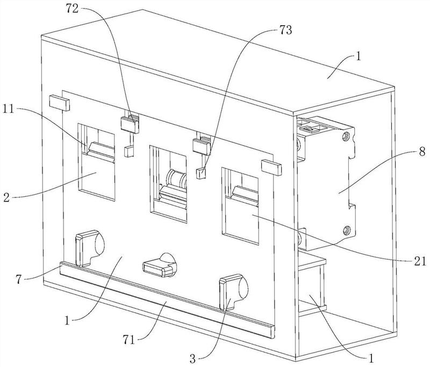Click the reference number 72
pos(72,9)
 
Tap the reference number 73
pos(285,30)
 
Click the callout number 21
pos(420,261)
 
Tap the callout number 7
pos(19,280)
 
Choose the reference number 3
pos(193,359)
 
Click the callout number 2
pos(6,197)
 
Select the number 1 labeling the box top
pos(359,57)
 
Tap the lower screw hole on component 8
pos(347,230)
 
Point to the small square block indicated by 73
pos(201,173)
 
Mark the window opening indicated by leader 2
pos(96,162)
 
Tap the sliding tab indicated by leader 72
pos(130,124)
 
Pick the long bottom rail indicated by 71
pos(167,300)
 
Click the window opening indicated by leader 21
pos(240,206)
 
